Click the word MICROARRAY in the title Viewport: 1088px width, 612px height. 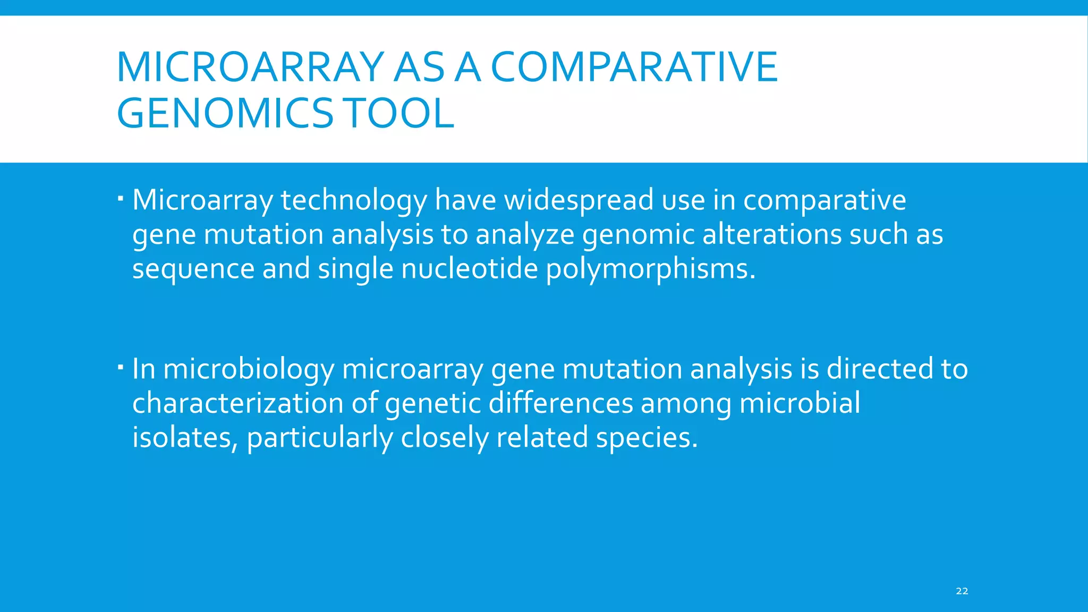pos(250,67)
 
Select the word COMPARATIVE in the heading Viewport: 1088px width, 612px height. pos(634,67)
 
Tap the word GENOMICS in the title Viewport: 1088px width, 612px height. pos(225,114)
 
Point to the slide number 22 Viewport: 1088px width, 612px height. pos(962,591)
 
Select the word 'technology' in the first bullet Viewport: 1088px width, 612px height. pos(353,201)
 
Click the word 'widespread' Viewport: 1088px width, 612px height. pos(579,201)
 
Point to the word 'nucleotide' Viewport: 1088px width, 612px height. pos(470,269)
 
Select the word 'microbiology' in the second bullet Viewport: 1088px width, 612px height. pos(249,370)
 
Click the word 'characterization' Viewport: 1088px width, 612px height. pos(237,403)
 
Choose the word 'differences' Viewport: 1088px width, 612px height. pos(560,403)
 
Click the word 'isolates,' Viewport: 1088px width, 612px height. pos(184,438)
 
